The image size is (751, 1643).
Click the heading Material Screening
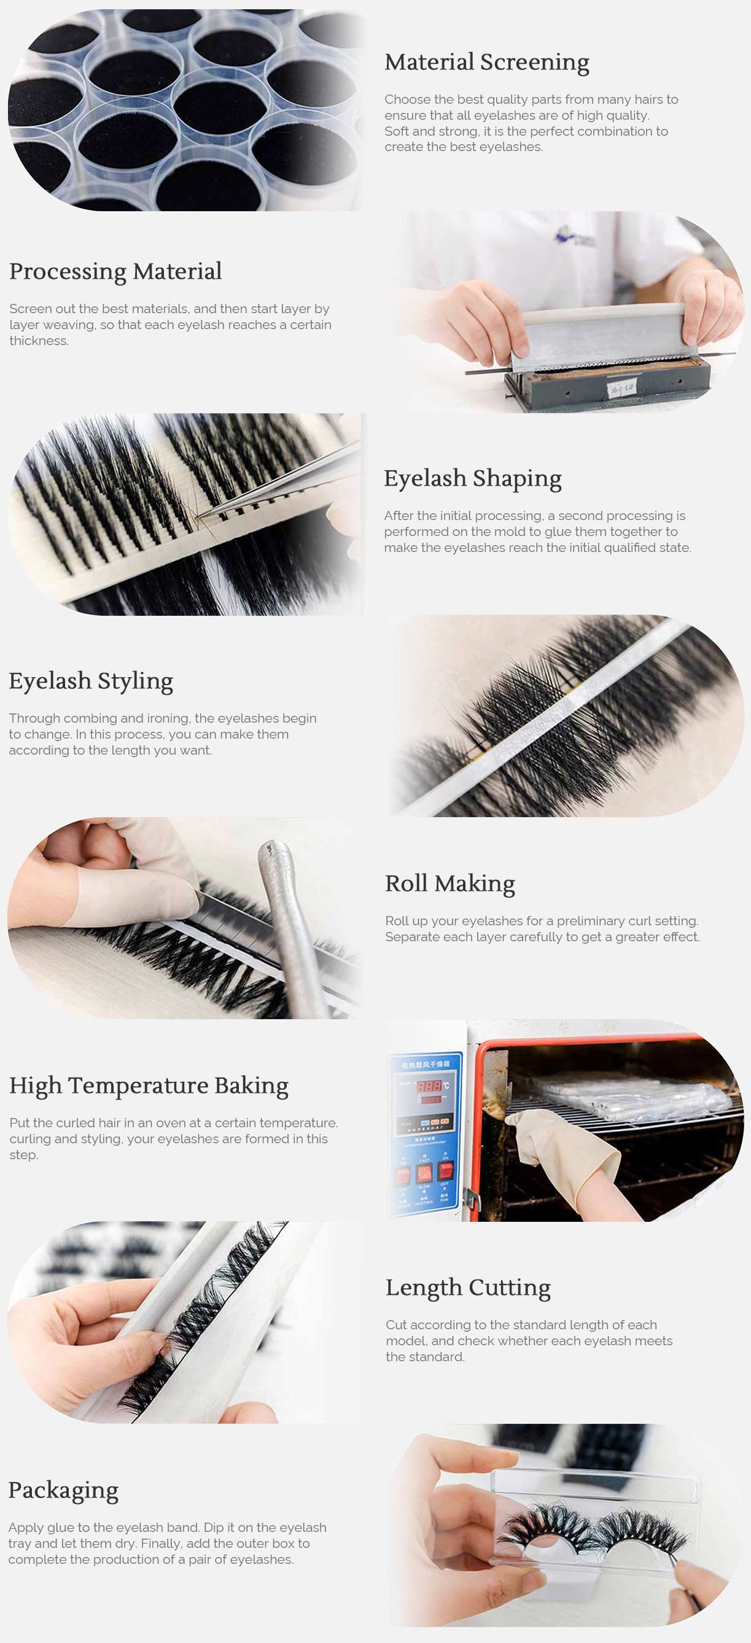(486, 63)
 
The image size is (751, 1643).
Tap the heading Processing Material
(115, 272)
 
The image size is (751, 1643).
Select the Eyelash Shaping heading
(472, 478)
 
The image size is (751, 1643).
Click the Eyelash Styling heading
(91, 681)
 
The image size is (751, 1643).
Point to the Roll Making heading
(449, 884)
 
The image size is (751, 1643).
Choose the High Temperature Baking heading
(149, 1086)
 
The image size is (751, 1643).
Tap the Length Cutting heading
(468, 1288)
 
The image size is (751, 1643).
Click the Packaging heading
(63, 1491)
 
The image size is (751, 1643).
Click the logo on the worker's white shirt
(574, 236)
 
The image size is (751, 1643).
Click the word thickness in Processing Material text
(38, 341)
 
